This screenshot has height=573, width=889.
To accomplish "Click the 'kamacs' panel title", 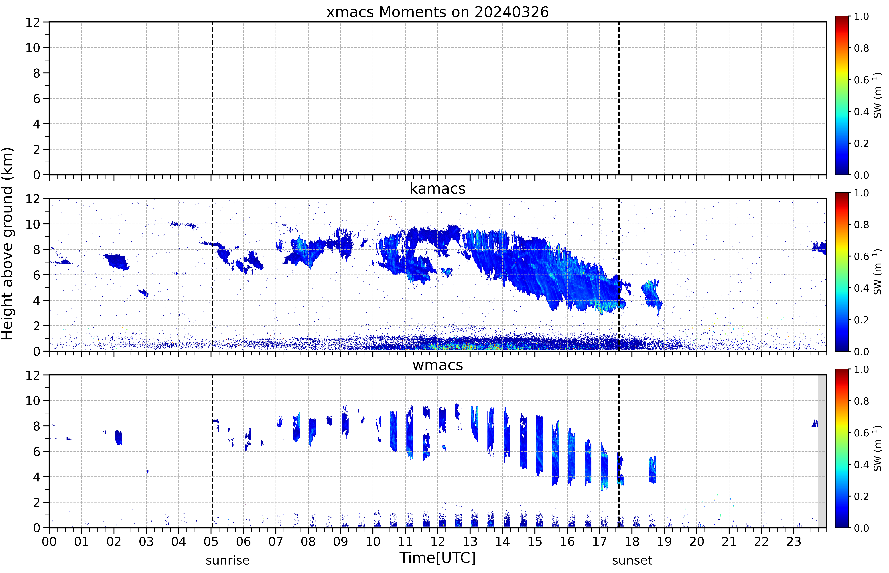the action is tap(437, 189).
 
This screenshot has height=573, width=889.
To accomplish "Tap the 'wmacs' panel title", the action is tap(437, 365).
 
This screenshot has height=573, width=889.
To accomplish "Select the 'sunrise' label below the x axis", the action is tap(227, 560).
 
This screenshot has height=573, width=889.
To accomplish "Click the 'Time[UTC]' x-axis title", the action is tap(437, 558).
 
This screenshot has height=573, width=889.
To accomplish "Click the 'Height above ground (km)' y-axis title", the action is tap(7, 244).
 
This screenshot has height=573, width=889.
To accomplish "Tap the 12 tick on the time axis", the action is tap(437, 541).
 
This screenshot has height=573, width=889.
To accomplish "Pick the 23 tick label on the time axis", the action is tap(794, 541).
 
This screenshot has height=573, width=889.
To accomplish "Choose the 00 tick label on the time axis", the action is tap(49, 541).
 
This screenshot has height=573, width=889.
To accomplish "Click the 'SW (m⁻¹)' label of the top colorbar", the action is tap(877, 95).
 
